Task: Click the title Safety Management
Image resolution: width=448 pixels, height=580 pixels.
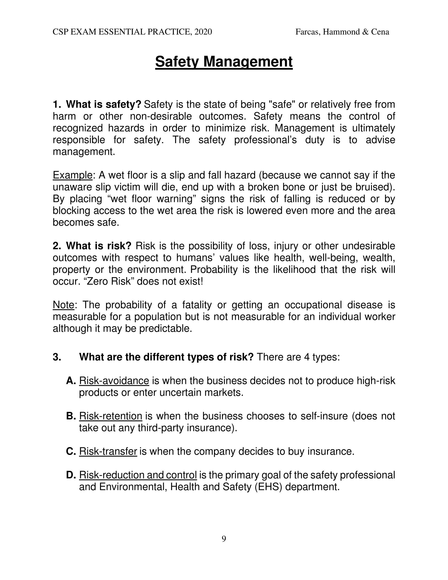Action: pos(224,62)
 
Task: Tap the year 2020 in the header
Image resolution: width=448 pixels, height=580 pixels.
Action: pos(203,32)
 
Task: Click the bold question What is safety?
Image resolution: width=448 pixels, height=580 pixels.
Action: pos(103,104)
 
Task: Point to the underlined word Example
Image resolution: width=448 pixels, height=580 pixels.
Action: pos(72,175)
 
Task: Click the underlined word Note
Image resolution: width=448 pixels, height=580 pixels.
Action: pos(63,305)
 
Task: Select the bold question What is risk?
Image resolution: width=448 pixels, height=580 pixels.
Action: pos(99,246)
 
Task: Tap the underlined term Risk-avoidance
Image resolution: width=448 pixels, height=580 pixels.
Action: pos(114,381)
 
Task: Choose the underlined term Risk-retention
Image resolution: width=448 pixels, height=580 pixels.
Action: pos(111,416)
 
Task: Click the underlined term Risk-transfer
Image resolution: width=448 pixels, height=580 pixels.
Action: pos(108,451)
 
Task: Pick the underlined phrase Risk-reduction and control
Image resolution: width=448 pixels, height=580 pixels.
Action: pos(138,475)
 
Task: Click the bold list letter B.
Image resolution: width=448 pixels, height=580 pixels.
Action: pos(71,416)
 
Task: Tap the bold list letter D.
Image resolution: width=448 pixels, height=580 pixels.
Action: pos(71,475)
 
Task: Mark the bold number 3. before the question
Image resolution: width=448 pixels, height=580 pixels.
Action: pos(57,357)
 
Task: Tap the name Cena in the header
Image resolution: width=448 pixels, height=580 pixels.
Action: pos(380,32)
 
